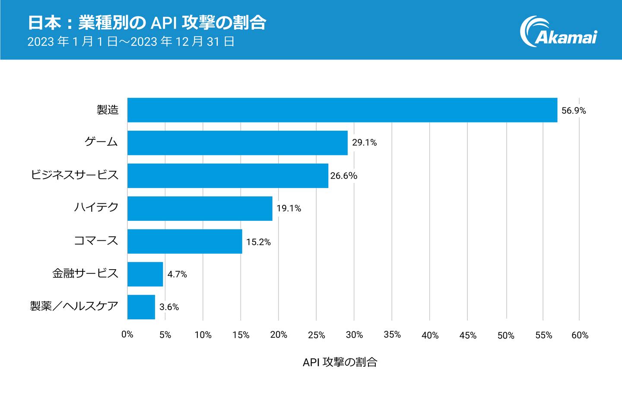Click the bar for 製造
342,110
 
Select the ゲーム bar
238,143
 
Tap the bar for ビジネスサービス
228,176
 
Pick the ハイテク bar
200,208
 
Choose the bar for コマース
184,241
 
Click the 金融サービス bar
145,274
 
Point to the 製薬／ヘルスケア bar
141,307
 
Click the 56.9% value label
574,111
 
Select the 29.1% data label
364,143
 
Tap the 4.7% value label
177,274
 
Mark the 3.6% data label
169,307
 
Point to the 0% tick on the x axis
127,335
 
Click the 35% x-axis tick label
392,335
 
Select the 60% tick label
580,335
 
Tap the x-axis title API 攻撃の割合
340,362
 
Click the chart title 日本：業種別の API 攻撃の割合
146,22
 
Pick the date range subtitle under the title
131,42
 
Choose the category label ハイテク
96,207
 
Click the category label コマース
96,241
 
